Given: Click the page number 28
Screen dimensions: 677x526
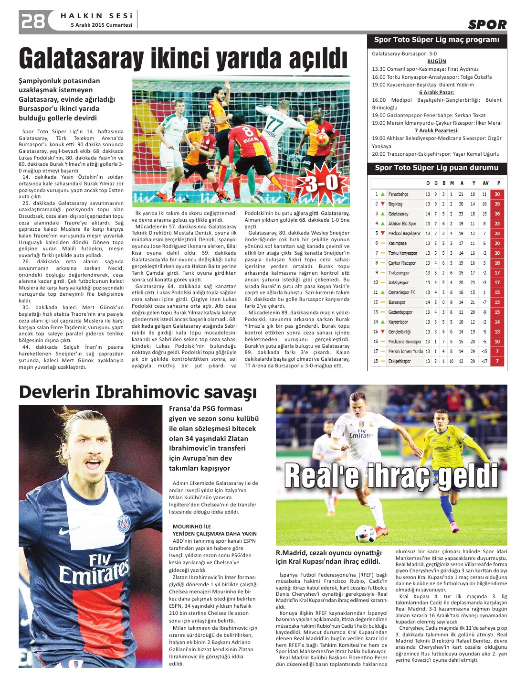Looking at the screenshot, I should point(32,21).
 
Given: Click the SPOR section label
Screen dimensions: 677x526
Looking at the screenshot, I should point(487,24).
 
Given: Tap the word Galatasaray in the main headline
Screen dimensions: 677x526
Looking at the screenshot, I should point(81,59).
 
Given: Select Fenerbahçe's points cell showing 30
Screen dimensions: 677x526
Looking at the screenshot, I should point(497,194).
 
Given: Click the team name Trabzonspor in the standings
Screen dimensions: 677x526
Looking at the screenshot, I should point(399,273).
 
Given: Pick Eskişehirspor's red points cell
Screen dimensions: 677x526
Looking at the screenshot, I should point(497,361).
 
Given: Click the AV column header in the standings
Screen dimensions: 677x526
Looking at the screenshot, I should point(485,183).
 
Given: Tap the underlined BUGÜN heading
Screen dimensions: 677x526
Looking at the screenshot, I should point(436,61).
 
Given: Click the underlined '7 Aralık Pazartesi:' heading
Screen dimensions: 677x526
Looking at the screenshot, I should point(436,130).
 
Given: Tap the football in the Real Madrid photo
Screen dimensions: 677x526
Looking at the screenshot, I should point(366,533).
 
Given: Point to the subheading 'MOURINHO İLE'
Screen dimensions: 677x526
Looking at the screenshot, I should point(191,527).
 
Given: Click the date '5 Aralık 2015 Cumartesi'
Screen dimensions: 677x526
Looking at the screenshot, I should point(102,25).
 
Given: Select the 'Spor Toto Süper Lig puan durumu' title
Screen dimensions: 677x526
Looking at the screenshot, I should point(436,168).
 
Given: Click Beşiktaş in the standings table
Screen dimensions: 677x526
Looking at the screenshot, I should point(395,204).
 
